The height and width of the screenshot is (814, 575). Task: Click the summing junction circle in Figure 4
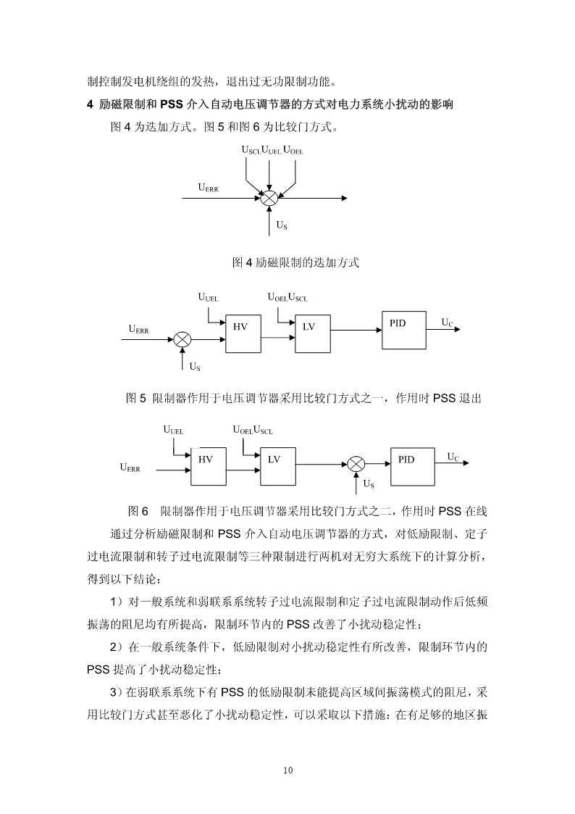coord(269,199)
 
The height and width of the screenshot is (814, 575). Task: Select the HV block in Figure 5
coord(243,334)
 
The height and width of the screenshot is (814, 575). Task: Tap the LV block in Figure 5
coord(313,334)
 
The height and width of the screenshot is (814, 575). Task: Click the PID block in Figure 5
coord(404,331)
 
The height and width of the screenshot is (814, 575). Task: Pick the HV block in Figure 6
coord(209,466)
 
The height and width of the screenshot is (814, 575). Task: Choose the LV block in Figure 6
coord(278,466)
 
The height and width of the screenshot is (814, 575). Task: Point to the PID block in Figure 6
coord(413,466)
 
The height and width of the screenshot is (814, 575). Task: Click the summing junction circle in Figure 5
coord(182,341)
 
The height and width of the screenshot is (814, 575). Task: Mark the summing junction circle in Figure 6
coord(356,464)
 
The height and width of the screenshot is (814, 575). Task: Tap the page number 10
coord(288,770)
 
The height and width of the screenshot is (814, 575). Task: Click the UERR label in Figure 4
coord(209,188)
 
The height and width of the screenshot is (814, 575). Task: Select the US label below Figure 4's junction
coord(282,225)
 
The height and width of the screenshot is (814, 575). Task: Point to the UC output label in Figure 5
coord(448,323)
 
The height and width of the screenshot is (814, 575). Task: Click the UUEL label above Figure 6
coord(173,431)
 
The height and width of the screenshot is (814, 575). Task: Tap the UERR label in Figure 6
coord(130,468)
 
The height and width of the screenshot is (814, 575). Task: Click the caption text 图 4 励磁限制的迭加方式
coord(295,262)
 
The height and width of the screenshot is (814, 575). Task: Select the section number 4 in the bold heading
coord(91,105)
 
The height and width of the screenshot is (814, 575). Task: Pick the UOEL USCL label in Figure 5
coord(287,297)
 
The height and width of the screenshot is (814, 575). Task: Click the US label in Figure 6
coord(369,484)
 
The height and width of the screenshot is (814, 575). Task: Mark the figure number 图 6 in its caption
coord(138,512)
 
